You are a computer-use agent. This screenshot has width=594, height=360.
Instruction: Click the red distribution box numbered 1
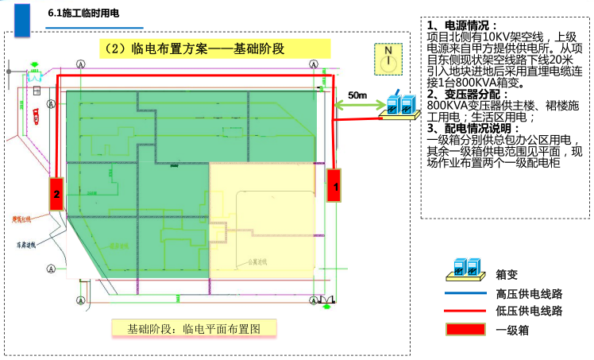(334, 187)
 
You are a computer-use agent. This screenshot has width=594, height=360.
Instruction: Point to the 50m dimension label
(357, 95)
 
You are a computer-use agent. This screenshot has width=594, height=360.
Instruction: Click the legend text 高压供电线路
(528, 293)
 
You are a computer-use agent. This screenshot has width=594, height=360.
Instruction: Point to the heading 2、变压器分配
(469, 94)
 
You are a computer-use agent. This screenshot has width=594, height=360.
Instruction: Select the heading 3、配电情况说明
(474, 127)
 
